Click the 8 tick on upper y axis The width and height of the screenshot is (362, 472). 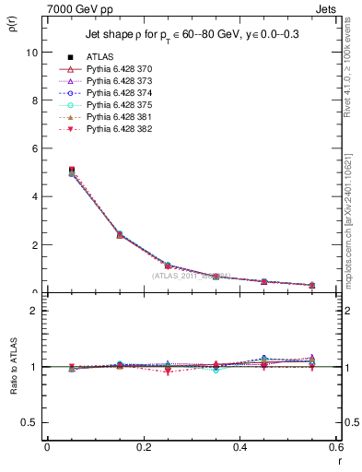point(36,100)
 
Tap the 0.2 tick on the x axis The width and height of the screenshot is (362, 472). point(143,446)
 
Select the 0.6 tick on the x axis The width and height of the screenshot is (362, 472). point(336,446)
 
